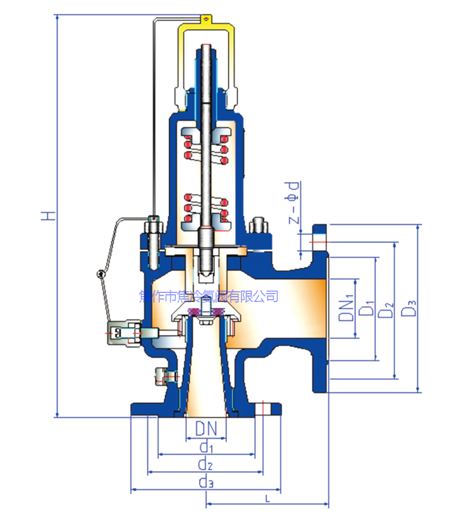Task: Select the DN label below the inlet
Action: coord(206,428)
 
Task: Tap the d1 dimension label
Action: coord(206,447)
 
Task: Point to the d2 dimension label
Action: coord(206,465)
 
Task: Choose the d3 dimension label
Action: coord(206,483)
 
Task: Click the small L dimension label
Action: coord(268,498)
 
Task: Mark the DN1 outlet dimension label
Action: coord(346,308)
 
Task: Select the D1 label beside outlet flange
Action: coord(365,308)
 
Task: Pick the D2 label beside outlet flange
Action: coord(385,308)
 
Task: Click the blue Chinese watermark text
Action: coord(209,296)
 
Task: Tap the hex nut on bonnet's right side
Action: coord(258,225)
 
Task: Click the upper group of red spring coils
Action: coord(206,149)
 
